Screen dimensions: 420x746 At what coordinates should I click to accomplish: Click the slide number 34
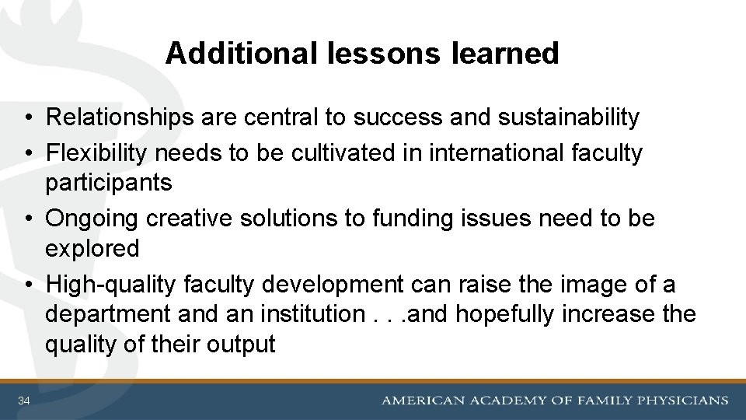tap(24, 401)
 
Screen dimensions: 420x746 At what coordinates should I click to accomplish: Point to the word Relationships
tap(119, 118)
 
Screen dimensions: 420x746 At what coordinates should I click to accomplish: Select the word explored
tap(92, 250)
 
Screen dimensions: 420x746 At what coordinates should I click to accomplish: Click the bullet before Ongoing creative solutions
tap(27, 220)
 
